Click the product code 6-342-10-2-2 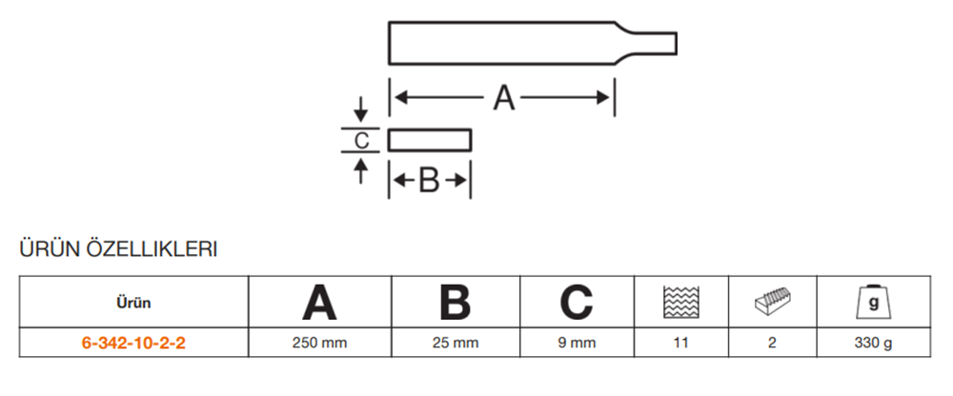(x=134, y=343)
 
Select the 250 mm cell (x=319, y=343)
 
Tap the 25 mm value (x=456, y=343)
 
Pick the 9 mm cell (x=577, y=343)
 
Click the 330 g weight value (x=874, y=343)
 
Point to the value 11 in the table (x=679, y=343)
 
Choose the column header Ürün (x=134, y=303)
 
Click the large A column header (x=319, y=303)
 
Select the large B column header (x=456, y=303)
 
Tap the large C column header (x=577, y=303)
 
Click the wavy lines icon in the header (x=679, y=302)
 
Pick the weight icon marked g (x=874, y=302)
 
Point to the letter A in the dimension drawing (x=503, y=97)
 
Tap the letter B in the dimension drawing (x=430, y=181)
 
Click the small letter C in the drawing (x=360, y=141)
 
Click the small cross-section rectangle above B (x=430, y=140)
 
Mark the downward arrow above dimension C (x=360, y=107)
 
